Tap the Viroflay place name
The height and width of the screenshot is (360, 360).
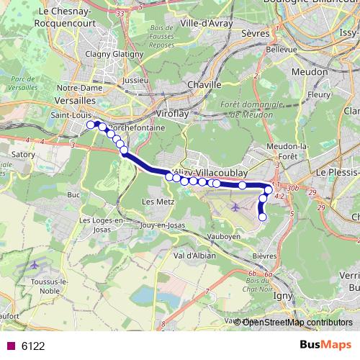coord(172,114)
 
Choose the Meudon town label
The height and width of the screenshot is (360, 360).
coord(311,72)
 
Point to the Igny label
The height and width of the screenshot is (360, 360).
coord(283,294)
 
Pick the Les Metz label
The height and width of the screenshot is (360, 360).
coord(158,201)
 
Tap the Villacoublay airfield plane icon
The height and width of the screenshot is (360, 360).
coord(236,207)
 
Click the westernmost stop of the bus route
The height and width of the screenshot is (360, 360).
coord(91,125)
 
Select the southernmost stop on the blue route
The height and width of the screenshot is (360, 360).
coord(262,217)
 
